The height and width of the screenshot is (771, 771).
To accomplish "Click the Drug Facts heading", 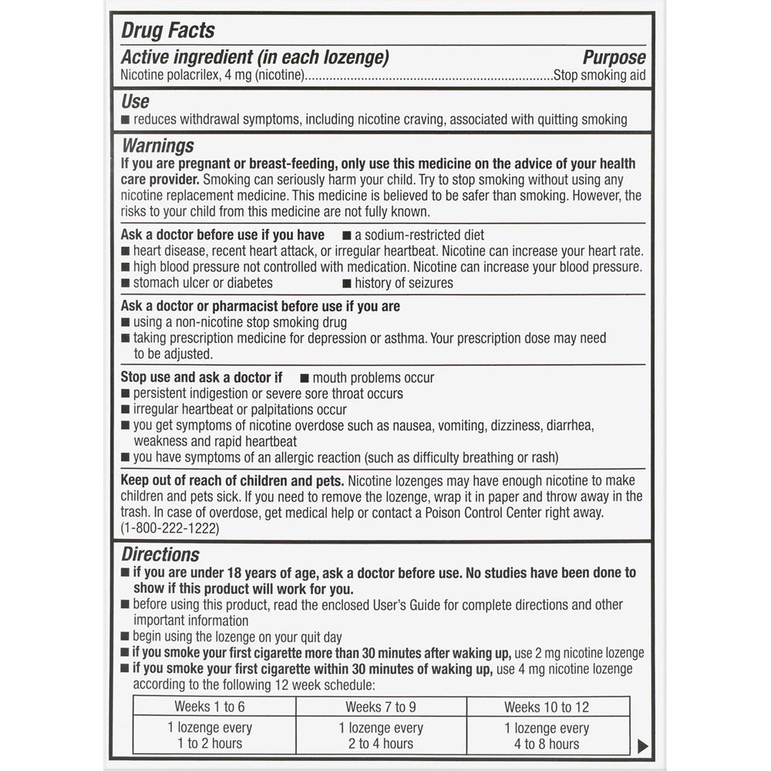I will click(x=168, y=31).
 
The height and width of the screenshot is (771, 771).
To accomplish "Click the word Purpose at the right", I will click(x=614, y=58).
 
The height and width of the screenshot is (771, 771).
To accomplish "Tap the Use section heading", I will click(x=136, y=101).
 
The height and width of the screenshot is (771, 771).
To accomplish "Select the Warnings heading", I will click(x=158, y=146).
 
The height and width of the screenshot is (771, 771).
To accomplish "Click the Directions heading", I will click(x=160, y=554).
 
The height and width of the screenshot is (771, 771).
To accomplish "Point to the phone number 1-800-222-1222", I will click(x=170, y=529).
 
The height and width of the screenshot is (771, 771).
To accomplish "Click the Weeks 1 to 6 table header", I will click(x=210, y=706).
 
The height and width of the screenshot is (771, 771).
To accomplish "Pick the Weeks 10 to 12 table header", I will click(x=547, y=706).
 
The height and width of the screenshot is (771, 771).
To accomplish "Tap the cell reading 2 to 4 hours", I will click(x=380, y=743).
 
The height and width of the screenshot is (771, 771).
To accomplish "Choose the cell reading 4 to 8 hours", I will click(x=547, y=743).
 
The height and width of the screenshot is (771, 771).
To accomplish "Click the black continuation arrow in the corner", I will click(x=644, y=746).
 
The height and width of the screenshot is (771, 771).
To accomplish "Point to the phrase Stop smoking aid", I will click(x=600, y=76).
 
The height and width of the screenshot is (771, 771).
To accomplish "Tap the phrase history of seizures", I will click(x=404, y=283).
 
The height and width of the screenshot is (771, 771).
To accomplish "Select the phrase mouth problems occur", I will click(x=373, y=378).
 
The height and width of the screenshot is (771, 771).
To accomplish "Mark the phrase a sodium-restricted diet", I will click(x=419, y=235).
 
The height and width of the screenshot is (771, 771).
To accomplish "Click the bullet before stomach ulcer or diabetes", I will click(x=126, y=283).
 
